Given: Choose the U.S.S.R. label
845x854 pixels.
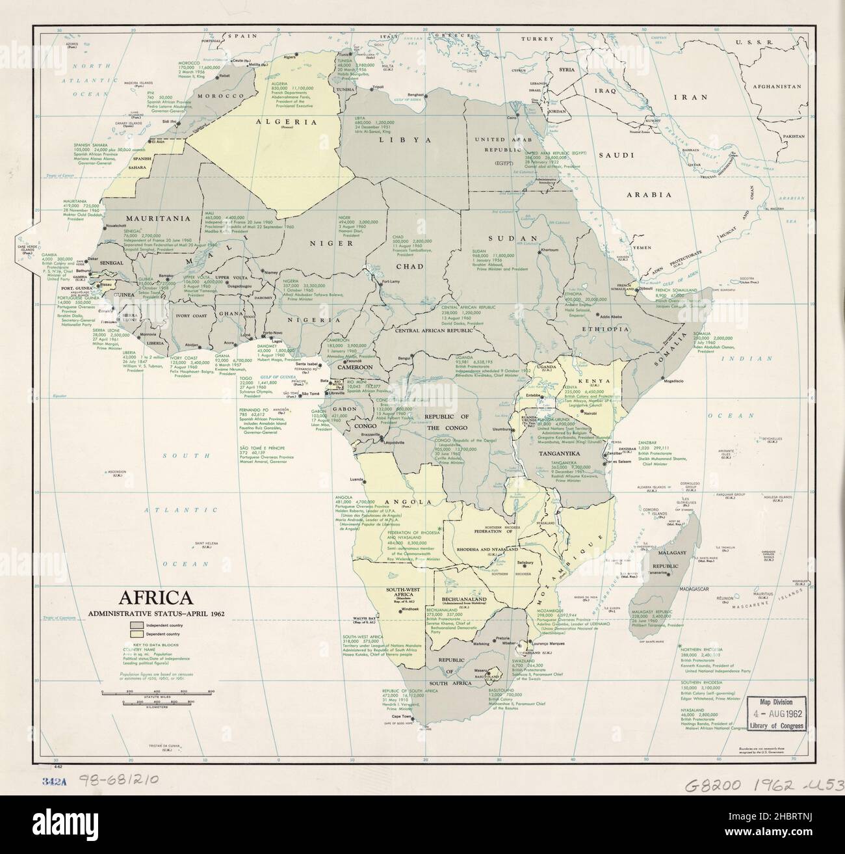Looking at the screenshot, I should [749, 42].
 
